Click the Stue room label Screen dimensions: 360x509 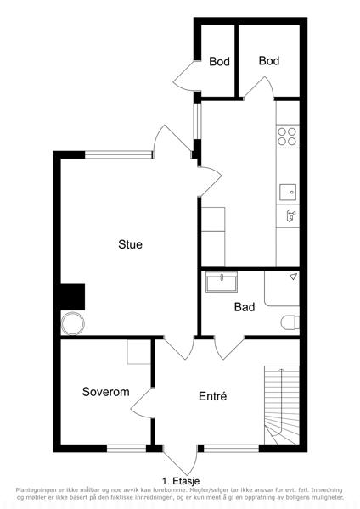[x=130, y=244]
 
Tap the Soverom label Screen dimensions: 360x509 [x=106, y=392]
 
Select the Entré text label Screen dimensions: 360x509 [x=213, y=396]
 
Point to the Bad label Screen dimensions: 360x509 [x=245, y=307]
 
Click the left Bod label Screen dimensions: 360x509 [x=219, y=61]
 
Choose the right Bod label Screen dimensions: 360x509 [x=269, y=61]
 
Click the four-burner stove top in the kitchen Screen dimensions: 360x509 [x=288, y=137]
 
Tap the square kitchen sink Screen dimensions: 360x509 [x=288, y=193]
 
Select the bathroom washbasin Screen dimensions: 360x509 [x=222, y=282]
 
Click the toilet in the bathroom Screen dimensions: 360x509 [x=290, y=322]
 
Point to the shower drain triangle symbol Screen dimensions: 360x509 [x=294, y=277]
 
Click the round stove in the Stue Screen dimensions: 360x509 [x=73, y=324]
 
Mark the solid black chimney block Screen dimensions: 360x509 [x=73, y=297]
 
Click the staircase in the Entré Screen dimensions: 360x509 [x=282, y=406]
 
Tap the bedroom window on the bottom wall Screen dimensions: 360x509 [x=127, y=448]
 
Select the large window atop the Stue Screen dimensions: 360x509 [x=119, y=154]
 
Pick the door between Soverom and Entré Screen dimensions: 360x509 [x=142, y=402]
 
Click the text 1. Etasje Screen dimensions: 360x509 [x=181, y=481]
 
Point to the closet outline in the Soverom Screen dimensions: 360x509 [x=139, y=351]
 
